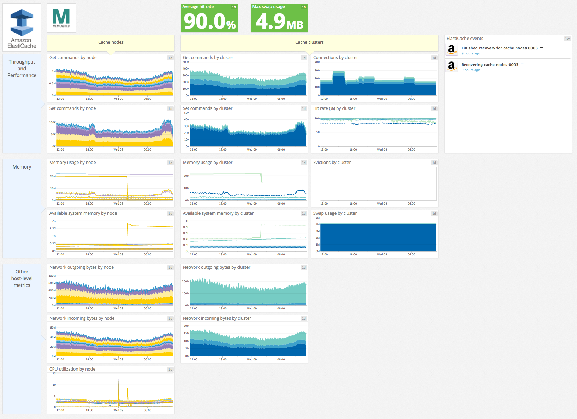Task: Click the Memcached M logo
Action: click(x=61, y=18)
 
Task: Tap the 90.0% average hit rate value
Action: click(x=209, y=22)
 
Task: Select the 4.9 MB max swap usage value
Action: click(x=279, y=22)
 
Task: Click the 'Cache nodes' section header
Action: click(x=111, y=42)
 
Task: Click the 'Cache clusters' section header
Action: click(x=309, y=42)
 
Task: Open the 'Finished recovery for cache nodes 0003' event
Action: click(x=499, y=48)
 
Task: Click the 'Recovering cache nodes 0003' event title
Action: click(x=490, y=65)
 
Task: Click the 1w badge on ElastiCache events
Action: click(x=567, y=39)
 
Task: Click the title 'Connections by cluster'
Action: click(x=335, y=58)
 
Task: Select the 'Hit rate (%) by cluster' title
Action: click(x=334, y=108)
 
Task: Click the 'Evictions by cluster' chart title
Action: click(x=332, y=163)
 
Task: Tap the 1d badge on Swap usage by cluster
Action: click(x=434, y=214)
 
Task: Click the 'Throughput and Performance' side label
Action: click(x=22, y=69)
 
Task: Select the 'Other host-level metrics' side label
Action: click(x=22, y=278)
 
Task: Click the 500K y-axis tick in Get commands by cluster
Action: click(x=186, y=62)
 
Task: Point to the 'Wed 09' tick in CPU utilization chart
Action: click(x=118, y=410)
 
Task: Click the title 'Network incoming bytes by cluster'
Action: click(x=217, y=318)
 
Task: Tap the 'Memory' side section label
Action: click(x=22, y=167)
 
